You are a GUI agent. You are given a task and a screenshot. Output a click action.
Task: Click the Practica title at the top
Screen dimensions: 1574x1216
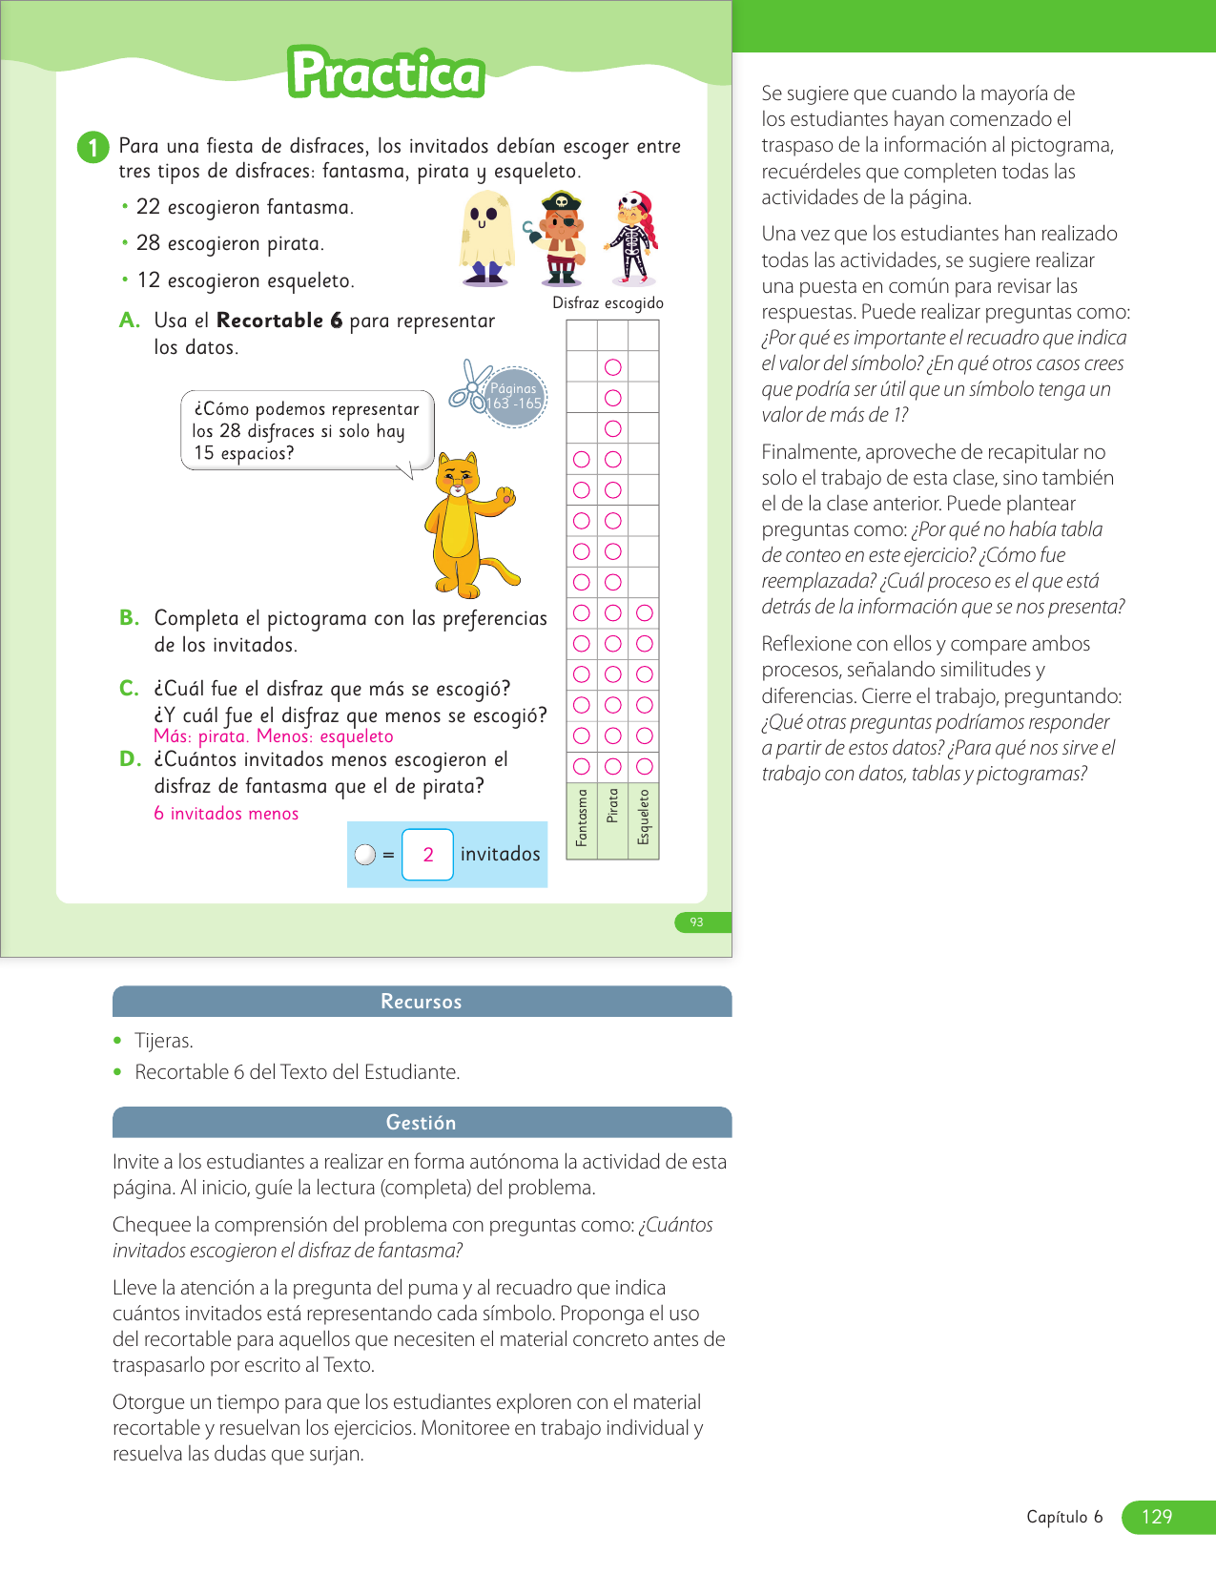click(386, 73)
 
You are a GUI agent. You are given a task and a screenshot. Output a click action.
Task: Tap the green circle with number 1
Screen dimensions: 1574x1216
click(93, 147)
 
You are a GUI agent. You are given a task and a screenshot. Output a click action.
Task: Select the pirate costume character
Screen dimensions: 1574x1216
click(560, 238)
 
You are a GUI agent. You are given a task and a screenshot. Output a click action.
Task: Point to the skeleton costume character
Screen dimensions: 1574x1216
click(632, 238)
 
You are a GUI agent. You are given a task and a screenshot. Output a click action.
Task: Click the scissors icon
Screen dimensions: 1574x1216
click(469, 386)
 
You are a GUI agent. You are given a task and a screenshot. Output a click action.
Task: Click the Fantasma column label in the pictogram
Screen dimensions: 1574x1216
click(582, 818)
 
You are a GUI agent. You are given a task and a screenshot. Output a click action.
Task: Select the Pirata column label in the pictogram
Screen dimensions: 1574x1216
click(613, 806)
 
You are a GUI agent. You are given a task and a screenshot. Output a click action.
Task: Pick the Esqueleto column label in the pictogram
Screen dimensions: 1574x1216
click(645, 817)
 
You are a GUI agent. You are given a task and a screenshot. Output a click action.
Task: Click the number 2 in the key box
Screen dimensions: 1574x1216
click(428, 855)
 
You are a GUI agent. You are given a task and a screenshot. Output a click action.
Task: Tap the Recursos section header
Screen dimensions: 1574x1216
click(422, 1002)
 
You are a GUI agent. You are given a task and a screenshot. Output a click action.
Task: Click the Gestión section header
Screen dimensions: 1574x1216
click(422, 1123)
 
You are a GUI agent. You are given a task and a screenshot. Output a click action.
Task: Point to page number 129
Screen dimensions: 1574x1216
click(1157, 1517)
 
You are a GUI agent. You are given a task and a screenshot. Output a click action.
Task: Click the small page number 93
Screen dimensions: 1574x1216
click(697, 922)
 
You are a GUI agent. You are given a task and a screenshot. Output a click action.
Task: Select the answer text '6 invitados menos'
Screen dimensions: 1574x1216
click(226, 814)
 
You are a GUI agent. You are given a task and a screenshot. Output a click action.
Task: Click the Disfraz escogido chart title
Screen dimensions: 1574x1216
click(608, 303)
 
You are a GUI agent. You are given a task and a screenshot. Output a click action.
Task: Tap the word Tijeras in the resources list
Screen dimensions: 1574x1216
click(164, 1041)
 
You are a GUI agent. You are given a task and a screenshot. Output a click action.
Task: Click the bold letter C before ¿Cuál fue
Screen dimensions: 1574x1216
click(129, 689)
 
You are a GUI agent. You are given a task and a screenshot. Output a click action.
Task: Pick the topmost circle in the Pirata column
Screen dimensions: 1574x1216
click(613, 367)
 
